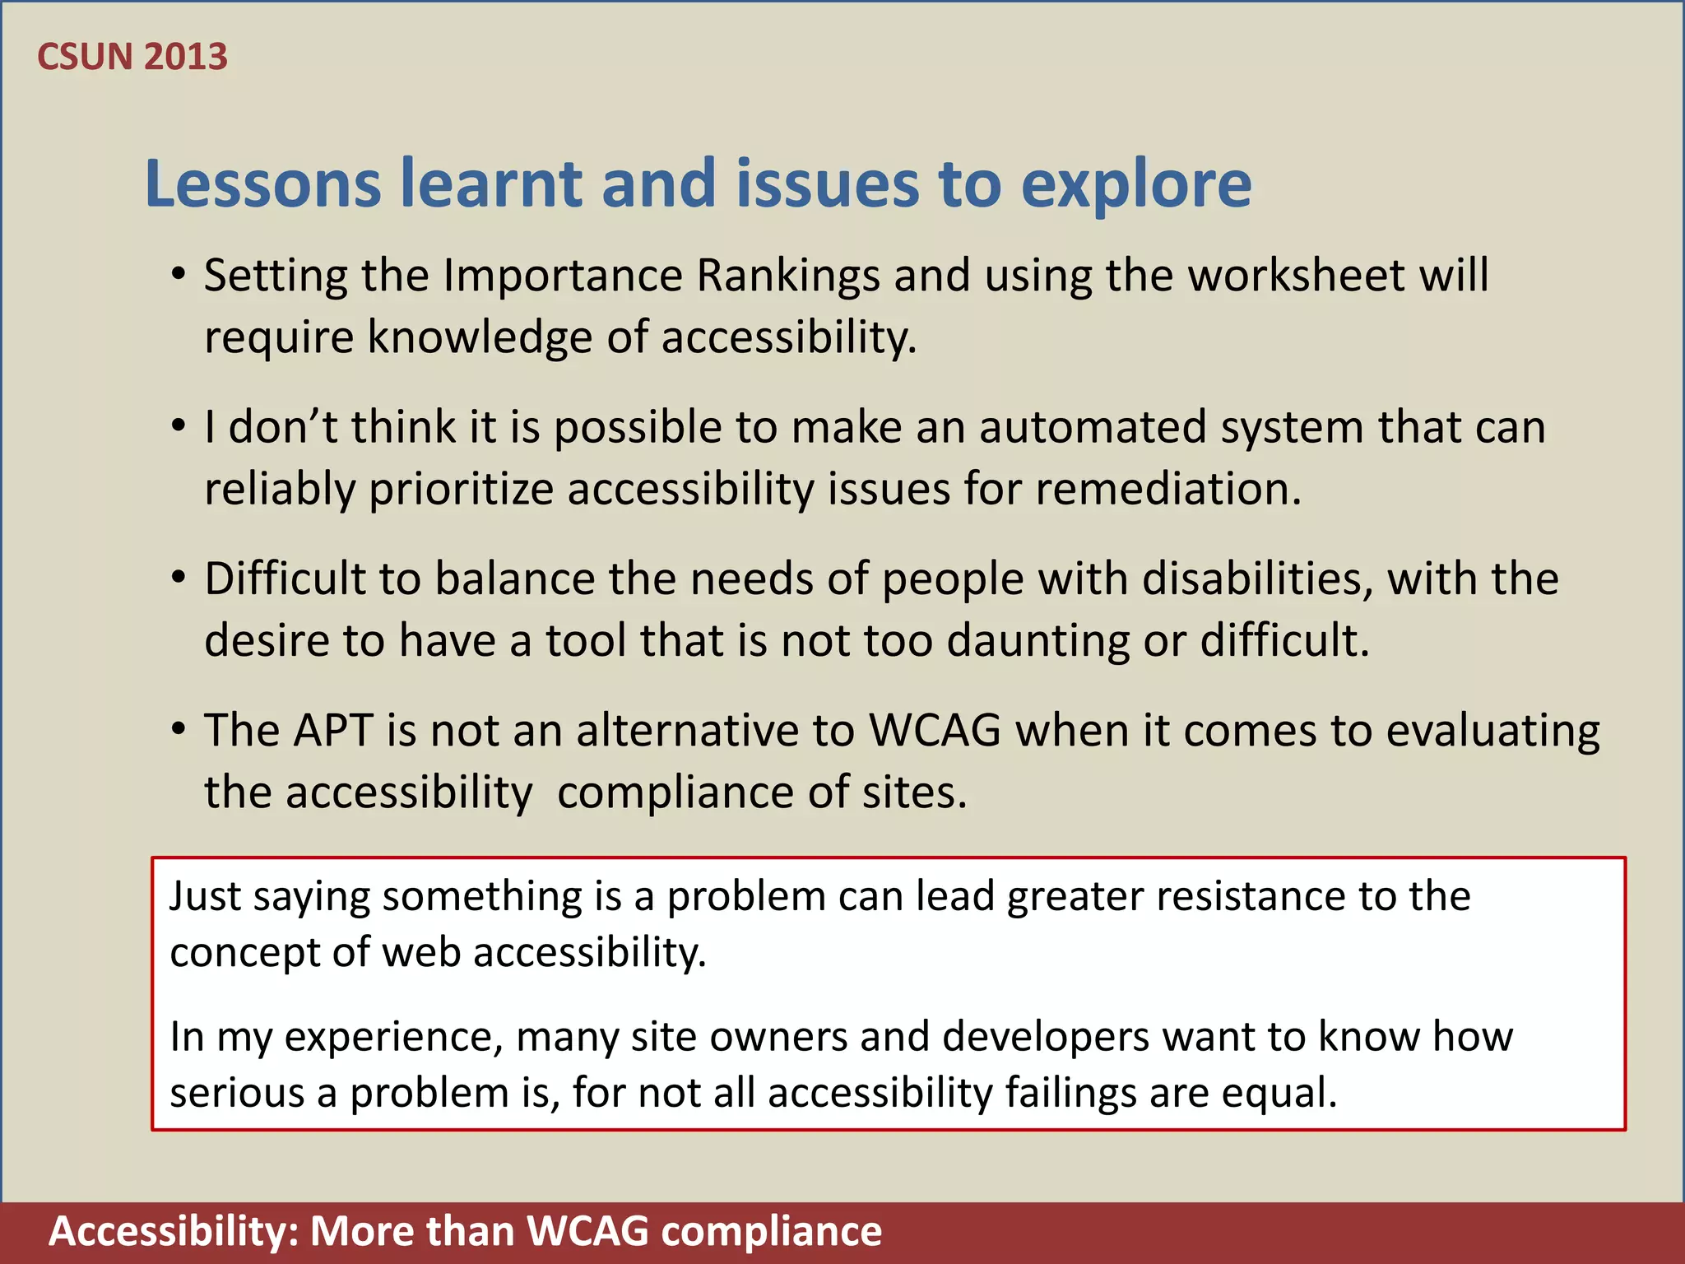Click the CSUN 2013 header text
pos(132,57)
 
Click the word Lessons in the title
pos(262,184)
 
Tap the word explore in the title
pos(1135,185)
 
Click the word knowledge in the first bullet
pos(479,337)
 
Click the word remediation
pos(1167,489)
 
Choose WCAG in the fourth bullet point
pos(935,731)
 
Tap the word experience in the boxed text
pos(393,1037)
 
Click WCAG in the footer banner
pos(587,1232)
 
